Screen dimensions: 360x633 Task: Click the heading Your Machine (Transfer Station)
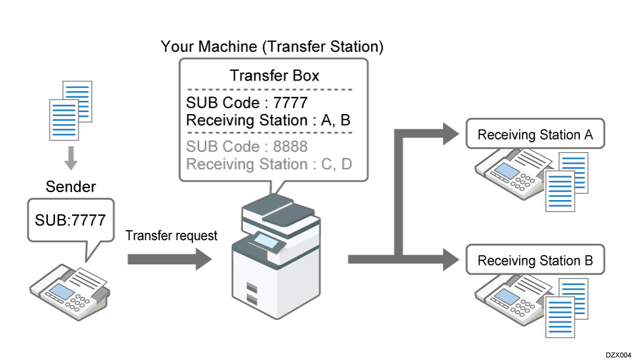click(272, 47)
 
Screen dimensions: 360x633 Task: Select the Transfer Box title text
click(275, 75)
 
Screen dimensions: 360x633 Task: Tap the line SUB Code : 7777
click(246, 103)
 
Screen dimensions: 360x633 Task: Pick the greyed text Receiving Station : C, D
click(269, 163)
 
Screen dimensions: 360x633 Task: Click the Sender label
click(71, 187)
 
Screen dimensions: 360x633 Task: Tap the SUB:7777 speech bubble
click(71, 220)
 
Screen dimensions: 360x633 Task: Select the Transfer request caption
click(171, 236)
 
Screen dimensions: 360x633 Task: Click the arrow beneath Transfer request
click(169, 259)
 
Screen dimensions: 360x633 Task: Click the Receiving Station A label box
click(535, 136)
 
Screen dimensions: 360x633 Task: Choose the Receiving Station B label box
click(535, 260)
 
